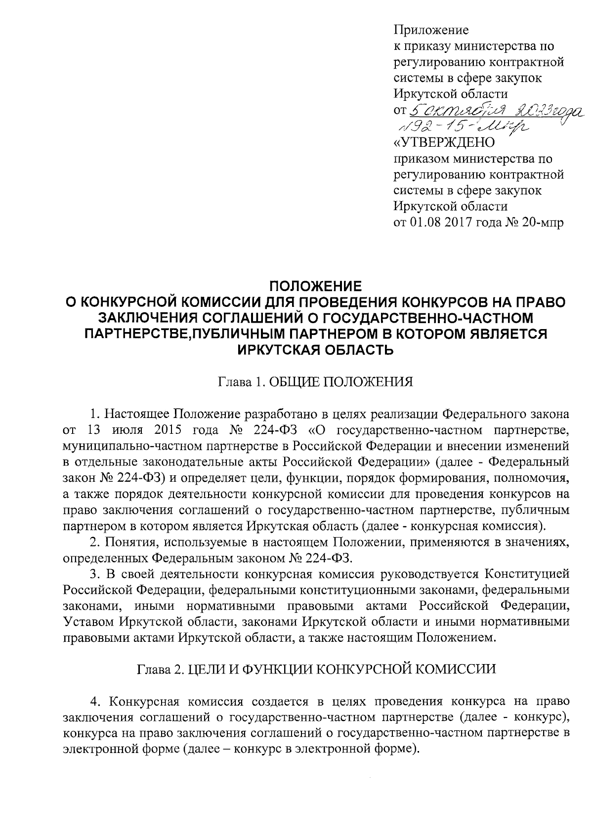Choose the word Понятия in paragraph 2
coord(127,543)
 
